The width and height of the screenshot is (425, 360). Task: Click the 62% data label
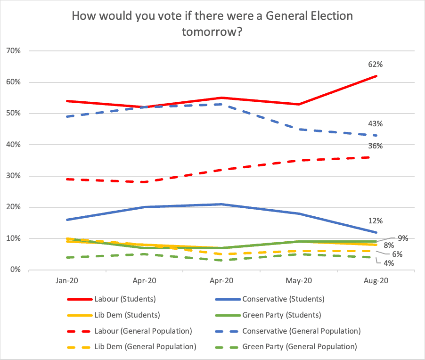pos(375,65)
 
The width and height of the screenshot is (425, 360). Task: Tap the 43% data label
pos(375,124)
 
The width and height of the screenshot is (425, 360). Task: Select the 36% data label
pos(375,146)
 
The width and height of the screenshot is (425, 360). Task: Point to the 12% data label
pos(375,221)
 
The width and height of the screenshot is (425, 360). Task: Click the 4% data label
pos(388,263)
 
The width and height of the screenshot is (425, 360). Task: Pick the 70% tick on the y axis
pos(14,51)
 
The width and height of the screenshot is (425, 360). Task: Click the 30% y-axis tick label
pos(14,176)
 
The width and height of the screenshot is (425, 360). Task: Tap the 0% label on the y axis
pos(16,270)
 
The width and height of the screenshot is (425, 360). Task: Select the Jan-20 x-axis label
pos(67,280)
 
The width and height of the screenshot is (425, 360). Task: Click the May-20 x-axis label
pos(299,280)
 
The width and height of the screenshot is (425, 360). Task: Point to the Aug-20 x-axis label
pos(376,280)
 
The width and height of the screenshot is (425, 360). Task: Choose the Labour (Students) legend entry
pos(111,299)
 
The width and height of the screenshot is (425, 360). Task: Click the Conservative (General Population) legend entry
pos(288,331)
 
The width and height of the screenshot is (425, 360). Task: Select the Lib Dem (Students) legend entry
pos(114,315)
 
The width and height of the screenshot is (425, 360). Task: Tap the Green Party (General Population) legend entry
pos(286,347)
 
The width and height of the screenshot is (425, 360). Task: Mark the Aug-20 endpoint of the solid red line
pos(376,76)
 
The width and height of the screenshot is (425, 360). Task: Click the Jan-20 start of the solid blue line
pos(67,220)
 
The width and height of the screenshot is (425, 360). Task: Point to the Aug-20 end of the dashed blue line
pos(376,135)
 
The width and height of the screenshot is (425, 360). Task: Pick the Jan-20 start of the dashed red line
pos(67,179)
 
